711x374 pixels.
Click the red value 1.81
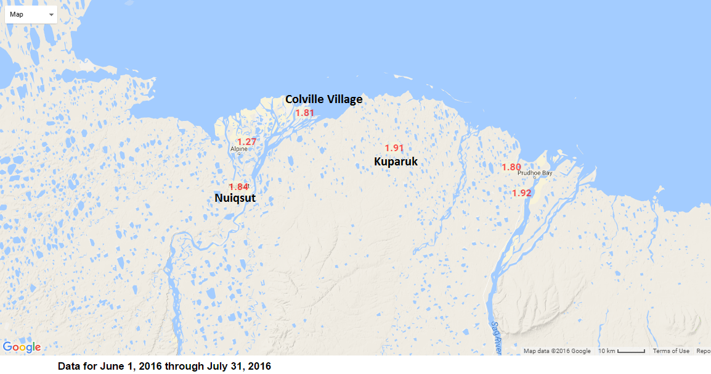coord(305,113)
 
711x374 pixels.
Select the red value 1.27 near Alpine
coord(246,142)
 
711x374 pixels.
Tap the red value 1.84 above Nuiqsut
coord(238,187)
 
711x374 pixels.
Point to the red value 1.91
coord(394,148)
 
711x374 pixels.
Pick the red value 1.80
coord(511,167)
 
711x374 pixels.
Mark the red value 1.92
coord(521,193)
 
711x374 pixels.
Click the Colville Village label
coord(323,99)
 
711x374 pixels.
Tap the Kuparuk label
coord(396,162)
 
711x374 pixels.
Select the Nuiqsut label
coord(235,198)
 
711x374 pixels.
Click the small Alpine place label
coord(238,149)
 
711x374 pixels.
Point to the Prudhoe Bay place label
coord(535,173)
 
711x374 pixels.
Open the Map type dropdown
coord(31,14)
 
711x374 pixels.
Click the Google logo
coord(22,347)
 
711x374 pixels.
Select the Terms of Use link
coord(671,351)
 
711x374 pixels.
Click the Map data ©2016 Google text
coord(557,351)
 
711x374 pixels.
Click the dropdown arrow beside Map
coord(51,14)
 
